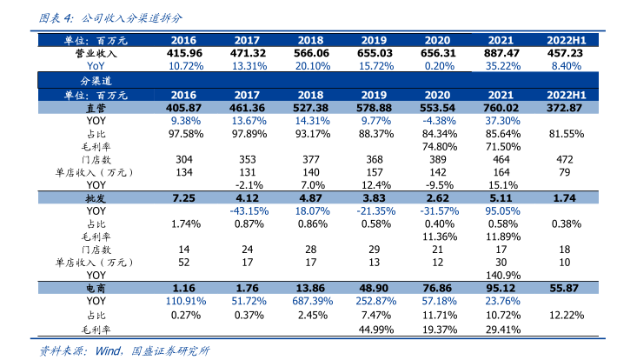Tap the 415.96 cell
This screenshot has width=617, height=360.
coord(183,53)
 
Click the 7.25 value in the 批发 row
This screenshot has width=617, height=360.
coord(183,198)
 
